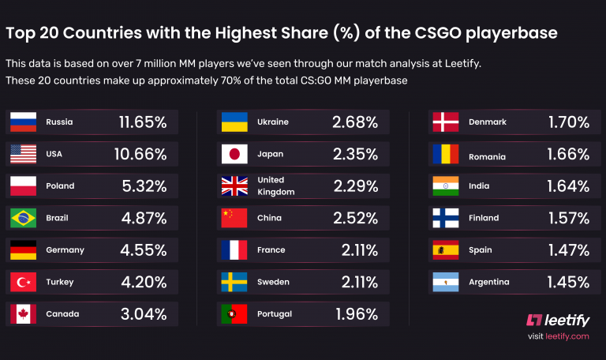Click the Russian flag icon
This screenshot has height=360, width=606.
pos(23,122)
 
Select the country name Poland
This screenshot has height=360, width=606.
pos(60,186)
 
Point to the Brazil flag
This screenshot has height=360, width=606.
pos(23,218)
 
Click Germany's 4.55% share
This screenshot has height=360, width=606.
pos(142,249)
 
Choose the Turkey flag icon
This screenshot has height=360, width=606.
pos(23,282)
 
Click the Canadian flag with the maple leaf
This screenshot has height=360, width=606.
pos(23,313)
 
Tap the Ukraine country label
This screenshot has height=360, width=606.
pos(273,122)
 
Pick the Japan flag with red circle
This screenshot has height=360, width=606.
pos(234,154)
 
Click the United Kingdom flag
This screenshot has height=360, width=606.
pos(234,186)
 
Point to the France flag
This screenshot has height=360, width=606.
pos(234,249)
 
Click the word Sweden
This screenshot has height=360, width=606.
pos(273,282)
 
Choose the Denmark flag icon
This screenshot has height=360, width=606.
pos(445,122)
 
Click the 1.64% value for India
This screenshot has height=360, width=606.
pos(568,186)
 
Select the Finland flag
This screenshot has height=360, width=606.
pos(445,218)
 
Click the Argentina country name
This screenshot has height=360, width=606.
pos(488,282)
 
